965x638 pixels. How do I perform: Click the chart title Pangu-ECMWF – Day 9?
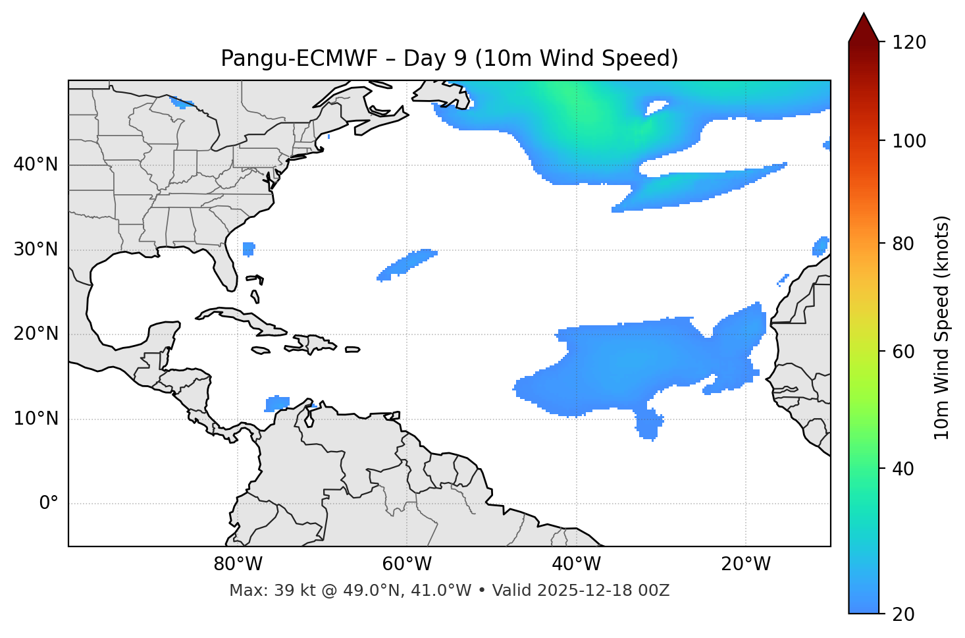tap(449, 59)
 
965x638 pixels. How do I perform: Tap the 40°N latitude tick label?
tap(36, 165)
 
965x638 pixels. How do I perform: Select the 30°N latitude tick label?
tap(36, 250)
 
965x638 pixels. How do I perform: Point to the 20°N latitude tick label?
tap(36, 334)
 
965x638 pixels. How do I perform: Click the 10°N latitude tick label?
tap(36, 419)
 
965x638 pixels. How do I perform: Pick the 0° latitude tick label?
tap(49, 504)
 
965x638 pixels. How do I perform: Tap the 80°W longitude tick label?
tap(238, 564)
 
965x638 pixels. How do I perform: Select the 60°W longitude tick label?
tap(407, 564)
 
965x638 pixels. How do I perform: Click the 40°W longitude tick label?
tap(576, 564)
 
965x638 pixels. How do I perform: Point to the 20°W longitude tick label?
tap(745, 564)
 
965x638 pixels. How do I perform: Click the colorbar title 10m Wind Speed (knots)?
tap(942, 327)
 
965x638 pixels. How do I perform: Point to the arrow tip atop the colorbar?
tap(864, 14)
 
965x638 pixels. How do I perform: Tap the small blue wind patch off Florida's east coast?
tap(248, 249)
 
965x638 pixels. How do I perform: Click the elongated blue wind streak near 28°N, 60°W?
tap(407, 265)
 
